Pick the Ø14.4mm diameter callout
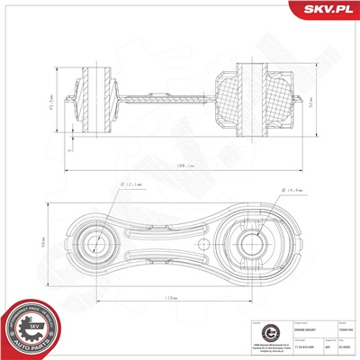click(295, 191)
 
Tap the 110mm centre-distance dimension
click(170, 297)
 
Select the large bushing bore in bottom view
click(256, 242)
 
